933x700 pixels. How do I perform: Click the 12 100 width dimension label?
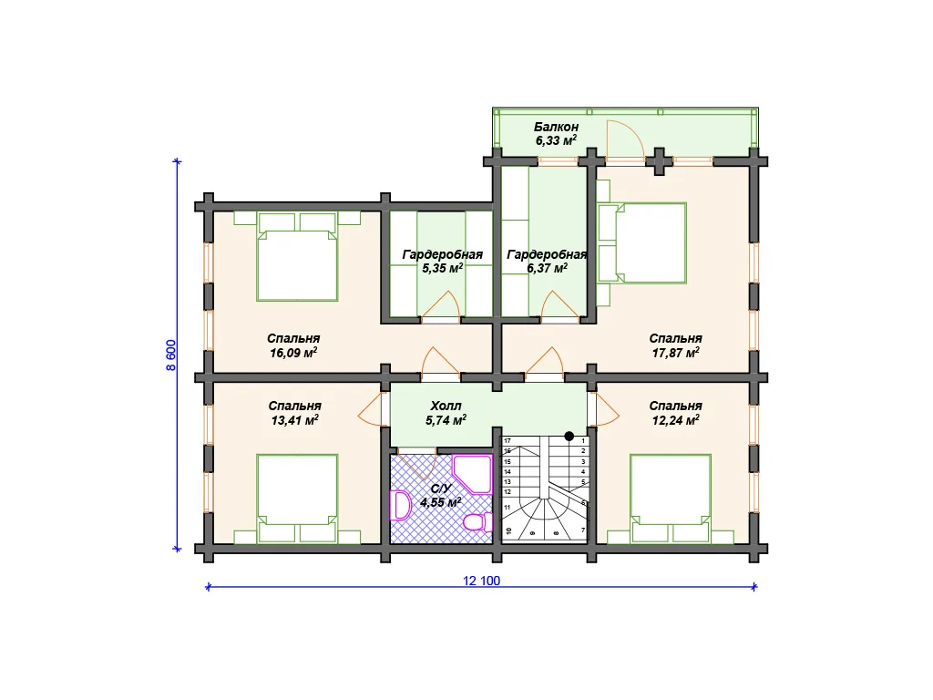click(481, 581)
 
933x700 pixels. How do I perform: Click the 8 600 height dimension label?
click(170, 355)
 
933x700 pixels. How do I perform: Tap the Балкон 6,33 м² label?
click(556, 133)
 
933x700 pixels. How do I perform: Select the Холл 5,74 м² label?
click(446, 413)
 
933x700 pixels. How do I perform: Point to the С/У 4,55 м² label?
click(440, 495)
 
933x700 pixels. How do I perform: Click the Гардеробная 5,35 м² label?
click(442, 261)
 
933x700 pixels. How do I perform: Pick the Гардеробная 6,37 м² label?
click(547, 261)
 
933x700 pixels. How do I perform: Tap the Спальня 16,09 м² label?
click(293, 345)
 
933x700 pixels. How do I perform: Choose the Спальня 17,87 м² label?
click(675, 345)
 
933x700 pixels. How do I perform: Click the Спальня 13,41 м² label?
click(294, 413)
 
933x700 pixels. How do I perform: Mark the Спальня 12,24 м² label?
click(675, 413)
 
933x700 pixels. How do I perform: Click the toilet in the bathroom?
click(477, 522)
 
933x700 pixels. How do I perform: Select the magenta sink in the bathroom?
click(400, 505)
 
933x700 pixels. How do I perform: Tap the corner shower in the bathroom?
click(473, 474)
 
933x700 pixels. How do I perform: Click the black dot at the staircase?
click(569, 437)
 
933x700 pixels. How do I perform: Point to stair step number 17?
click(508, 440)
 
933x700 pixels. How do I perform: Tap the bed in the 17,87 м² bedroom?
click(642, 242)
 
